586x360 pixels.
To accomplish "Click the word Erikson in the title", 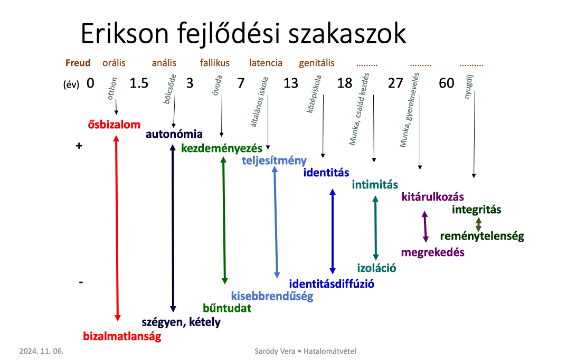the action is (x=125, y=33).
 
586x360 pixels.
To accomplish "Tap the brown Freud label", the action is (x=78, y=63).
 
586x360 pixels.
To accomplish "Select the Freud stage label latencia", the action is (x=266, y=63).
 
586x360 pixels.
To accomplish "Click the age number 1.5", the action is (x=139, y=83).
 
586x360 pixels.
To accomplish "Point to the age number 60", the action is (x=446, y=83).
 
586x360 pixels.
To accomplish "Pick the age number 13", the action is (x=291, y=83).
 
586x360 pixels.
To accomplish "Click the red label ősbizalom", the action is (x=114, y=125).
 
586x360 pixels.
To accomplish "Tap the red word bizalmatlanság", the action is (x=122, y=336).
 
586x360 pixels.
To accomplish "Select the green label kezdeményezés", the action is (x=222, y=148).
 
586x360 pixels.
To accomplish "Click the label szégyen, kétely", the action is (x=181, y=322).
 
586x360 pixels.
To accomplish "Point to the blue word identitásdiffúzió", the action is (x=332, y=284).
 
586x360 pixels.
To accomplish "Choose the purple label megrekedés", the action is (x=433, y=252).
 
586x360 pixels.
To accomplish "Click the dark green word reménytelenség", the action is (x=482, y=236).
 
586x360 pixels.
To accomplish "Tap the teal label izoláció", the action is (x=377, y=268).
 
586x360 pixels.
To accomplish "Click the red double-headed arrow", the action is (x=117, y=228).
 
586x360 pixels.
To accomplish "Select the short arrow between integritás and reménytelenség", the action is (x=478, y=224).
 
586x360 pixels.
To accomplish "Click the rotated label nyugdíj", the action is (x=468, y=87).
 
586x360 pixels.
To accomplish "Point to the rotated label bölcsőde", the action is (x=169, y=89).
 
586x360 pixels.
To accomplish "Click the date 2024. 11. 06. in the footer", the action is (x=42, y=351).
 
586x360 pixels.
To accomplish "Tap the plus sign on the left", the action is (x=79, y=146).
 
